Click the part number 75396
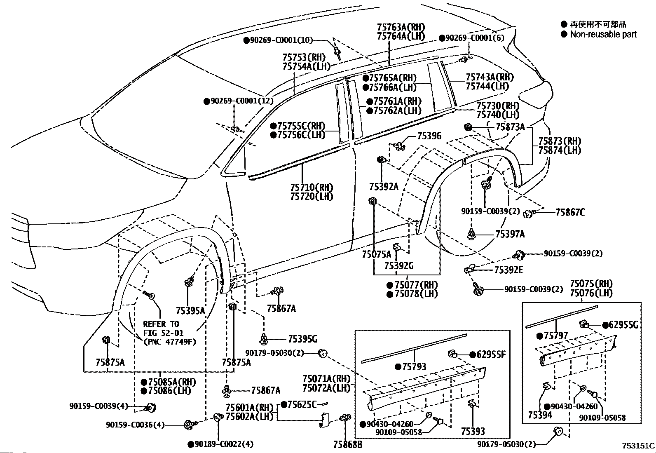pyautogui.click(x=429, y=136)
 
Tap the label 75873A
pyautogui.click(x=510, y=127)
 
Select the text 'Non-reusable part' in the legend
pyautogui.click(x=603, y=34)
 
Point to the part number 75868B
pyautogui.click(x=348, y=445)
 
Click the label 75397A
pyautogui.click(x=510, y=234)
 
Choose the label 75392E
pyautogui.click(x=509, y=270)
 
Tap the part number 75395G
pyautogui.click(x=302, y=339)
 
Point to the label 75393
pyautogui.click(x=473, y=431)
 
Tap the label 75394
pyautogui.click(x=540, y=415)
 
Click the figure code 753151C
pyautogui.click(x=638, y=446)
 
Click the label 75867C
pyautogui.click(x=570, y=212)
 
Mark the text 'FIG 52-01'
pyautogui.click(x=163, y=333)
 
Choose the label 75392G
pyautogui.click(x=399, y=266)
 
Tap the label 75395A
pyautogui.click(x=190, y=311)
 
